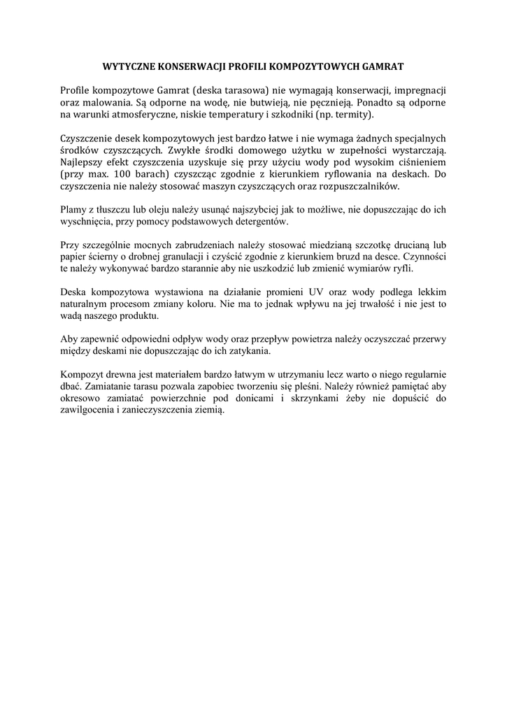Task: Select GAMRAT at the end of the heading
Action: [383, 68]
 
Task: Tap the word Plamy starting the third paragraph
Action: [75, 210]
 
